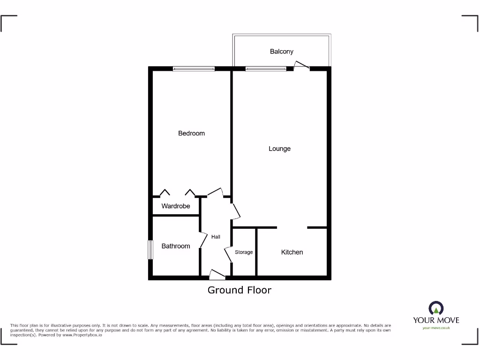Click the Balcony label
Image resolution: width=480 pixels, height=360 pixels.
point(281,52)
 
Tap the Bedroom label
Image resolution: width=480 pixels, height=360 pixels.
point(191,134)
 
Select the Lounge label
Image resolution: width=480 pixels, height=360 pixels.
point(279,149)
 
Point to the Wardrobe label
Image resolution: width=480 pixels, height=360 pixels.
point(176,206)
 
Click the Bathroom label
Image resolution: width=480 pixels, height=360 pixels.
point(176,246)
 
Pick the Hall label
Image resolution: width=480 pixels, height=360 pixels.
point(216,237)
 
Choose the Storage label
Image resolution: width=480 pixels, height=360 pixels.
point(244,252)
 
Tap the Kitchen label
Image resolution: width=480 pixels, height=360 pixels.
point(292,252)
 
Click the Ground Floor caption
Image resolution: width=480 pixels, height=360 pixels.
point(240,290)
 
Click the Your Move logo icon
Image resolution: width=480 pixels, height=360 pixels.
point(436,308)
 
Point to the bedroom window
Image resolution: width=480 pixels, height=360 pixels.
point(194,69)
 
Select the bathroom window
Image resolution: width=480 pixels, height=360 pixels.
point(150,250)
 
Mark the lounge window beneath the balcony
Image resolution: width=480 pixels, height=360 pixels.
point(266,69)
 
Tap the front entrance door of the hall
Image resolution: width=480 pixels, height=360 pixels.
point(217,275)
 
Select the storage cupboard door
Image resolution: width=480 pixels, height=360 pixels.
point(228,255)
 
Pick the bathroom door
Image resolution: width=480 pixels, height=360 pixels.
point(203,240)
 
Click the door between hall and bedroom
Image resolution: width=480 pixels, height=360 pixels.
point(215,192)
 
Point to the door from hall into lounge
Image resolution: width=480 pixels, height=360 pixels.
point(236,211)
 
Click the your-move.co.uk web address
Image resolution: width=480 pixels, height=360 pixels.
point(436,328)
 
